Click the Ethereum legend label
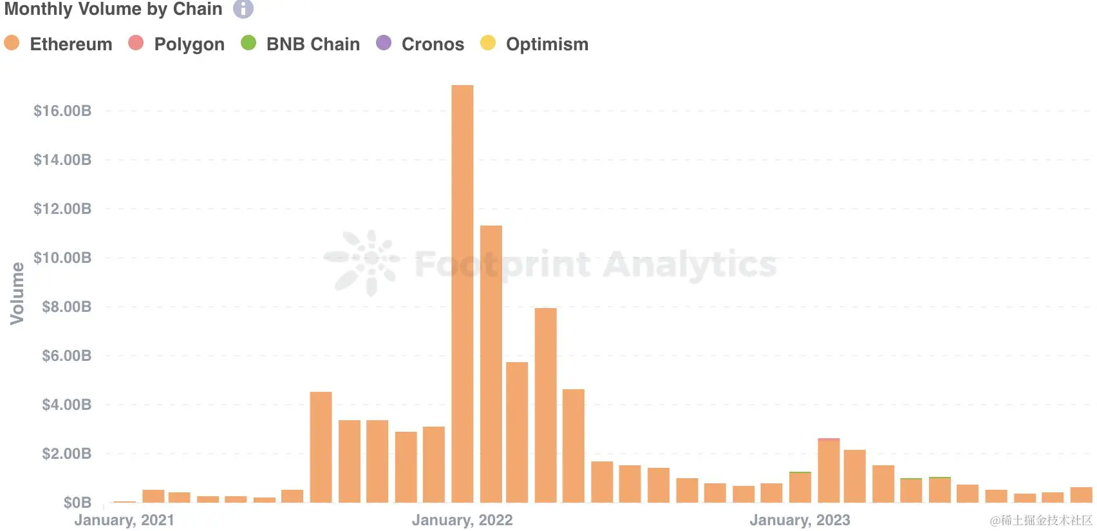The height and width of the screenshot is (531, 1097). tap(71, 44)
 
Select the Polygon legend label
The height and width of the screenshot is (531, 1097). tap(189, 44)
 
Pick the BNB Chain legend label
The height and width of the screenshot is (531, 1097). tap(313, 44)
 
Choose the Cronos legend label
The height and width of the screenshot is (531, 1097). tap(433, 44)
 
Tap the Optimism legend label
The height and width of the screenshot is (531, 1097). tap(547, 44)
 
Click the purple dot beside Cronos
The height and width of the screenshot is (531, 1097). tap(384, 43)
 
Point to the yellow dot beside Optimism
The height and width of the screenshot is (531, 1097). tap(488, 43)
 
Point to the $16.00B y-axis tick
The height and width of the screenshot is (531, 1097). tap(62, 111)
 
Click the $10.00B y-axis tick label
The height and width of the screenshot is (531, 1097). tap(62, 258)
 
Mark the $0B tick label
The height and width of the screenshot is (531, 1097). tap(77, 503)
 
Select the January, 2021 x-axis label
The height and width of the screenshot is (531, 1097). tap(124, 520)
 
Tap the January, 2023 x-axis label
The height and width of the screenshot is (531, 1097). tap(800, 520)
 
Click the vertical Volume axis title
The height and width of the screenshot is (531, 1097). tap(17, 293)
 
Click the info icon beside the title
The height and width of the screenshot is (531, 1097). tap(243, 9)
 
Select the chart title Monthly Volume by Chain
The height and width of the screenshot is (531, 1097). tap(113, 9)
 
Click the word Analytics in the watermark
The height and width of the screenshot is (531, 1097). tap(690, 264)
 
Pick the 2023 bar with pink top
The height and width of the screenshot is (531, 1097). tap(829, 470)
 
